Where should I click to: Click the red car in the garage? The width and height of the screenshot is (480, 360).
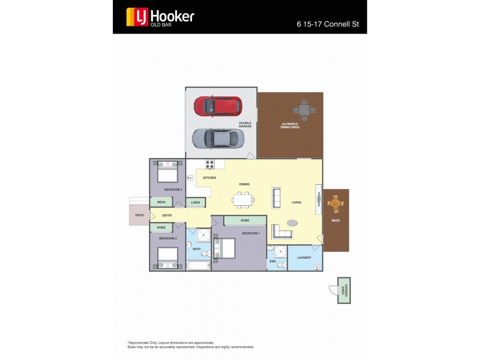(x=218, y=106)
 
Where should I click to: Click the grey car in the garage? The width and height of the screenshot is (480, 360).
(x=218, y=139)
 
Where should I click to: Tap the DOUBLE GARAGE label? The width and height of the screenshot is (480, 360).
(x=245, y=125)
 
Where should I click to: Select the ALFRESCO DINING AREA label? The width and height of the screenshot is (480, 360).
(x=290, y=125)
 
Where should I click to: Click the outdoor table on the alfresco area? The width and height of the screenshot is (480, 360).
(x=304, y=110)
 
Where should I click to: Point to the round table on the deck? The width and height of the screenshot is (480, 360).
(x=335, y=205)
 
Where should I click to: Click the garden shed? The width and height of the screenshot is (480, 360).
(x=343, y=290)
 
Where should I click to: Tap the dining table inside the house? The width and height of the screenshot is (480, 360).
(x=243, y=200)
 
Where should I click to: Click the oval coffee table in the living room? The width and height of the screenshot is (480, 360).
(x=292, y=223)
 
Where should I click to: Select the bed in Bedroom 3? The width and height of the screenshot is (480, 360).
(x=167, y=173)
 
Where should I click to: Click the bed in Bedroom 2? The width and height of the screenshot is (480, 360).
(x=167, y=258)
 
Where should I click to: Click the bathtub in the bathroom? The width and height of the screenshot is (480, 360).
(x=198, y=265)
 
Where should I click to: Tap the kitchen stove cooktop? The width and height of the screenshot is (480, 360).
(x=211, y=164)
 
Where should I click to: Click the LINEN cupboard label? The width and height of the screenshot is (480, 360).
(x=196, y=203)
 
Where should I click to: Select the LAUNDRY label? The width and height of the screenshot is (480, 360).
(x=304, y=257)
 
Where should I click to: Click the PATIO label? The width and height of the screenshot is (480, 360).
(x=139, y=215)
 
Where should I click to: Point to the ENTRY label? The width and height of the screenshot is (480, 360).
(x=167, y=215)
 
